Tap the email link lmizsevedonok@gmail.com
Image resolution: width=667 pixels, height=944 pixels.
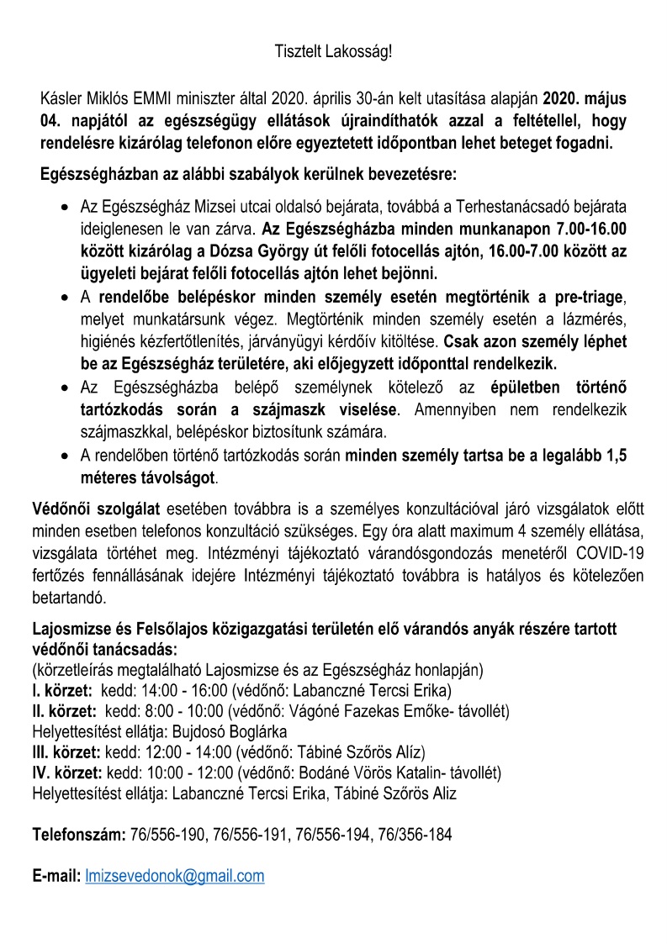click(175, 876)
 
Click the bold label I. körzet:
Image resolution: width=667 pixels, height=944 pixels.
click(62, 692)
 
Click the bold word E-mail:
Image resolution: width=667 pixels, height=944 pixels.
click(56, 876)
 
